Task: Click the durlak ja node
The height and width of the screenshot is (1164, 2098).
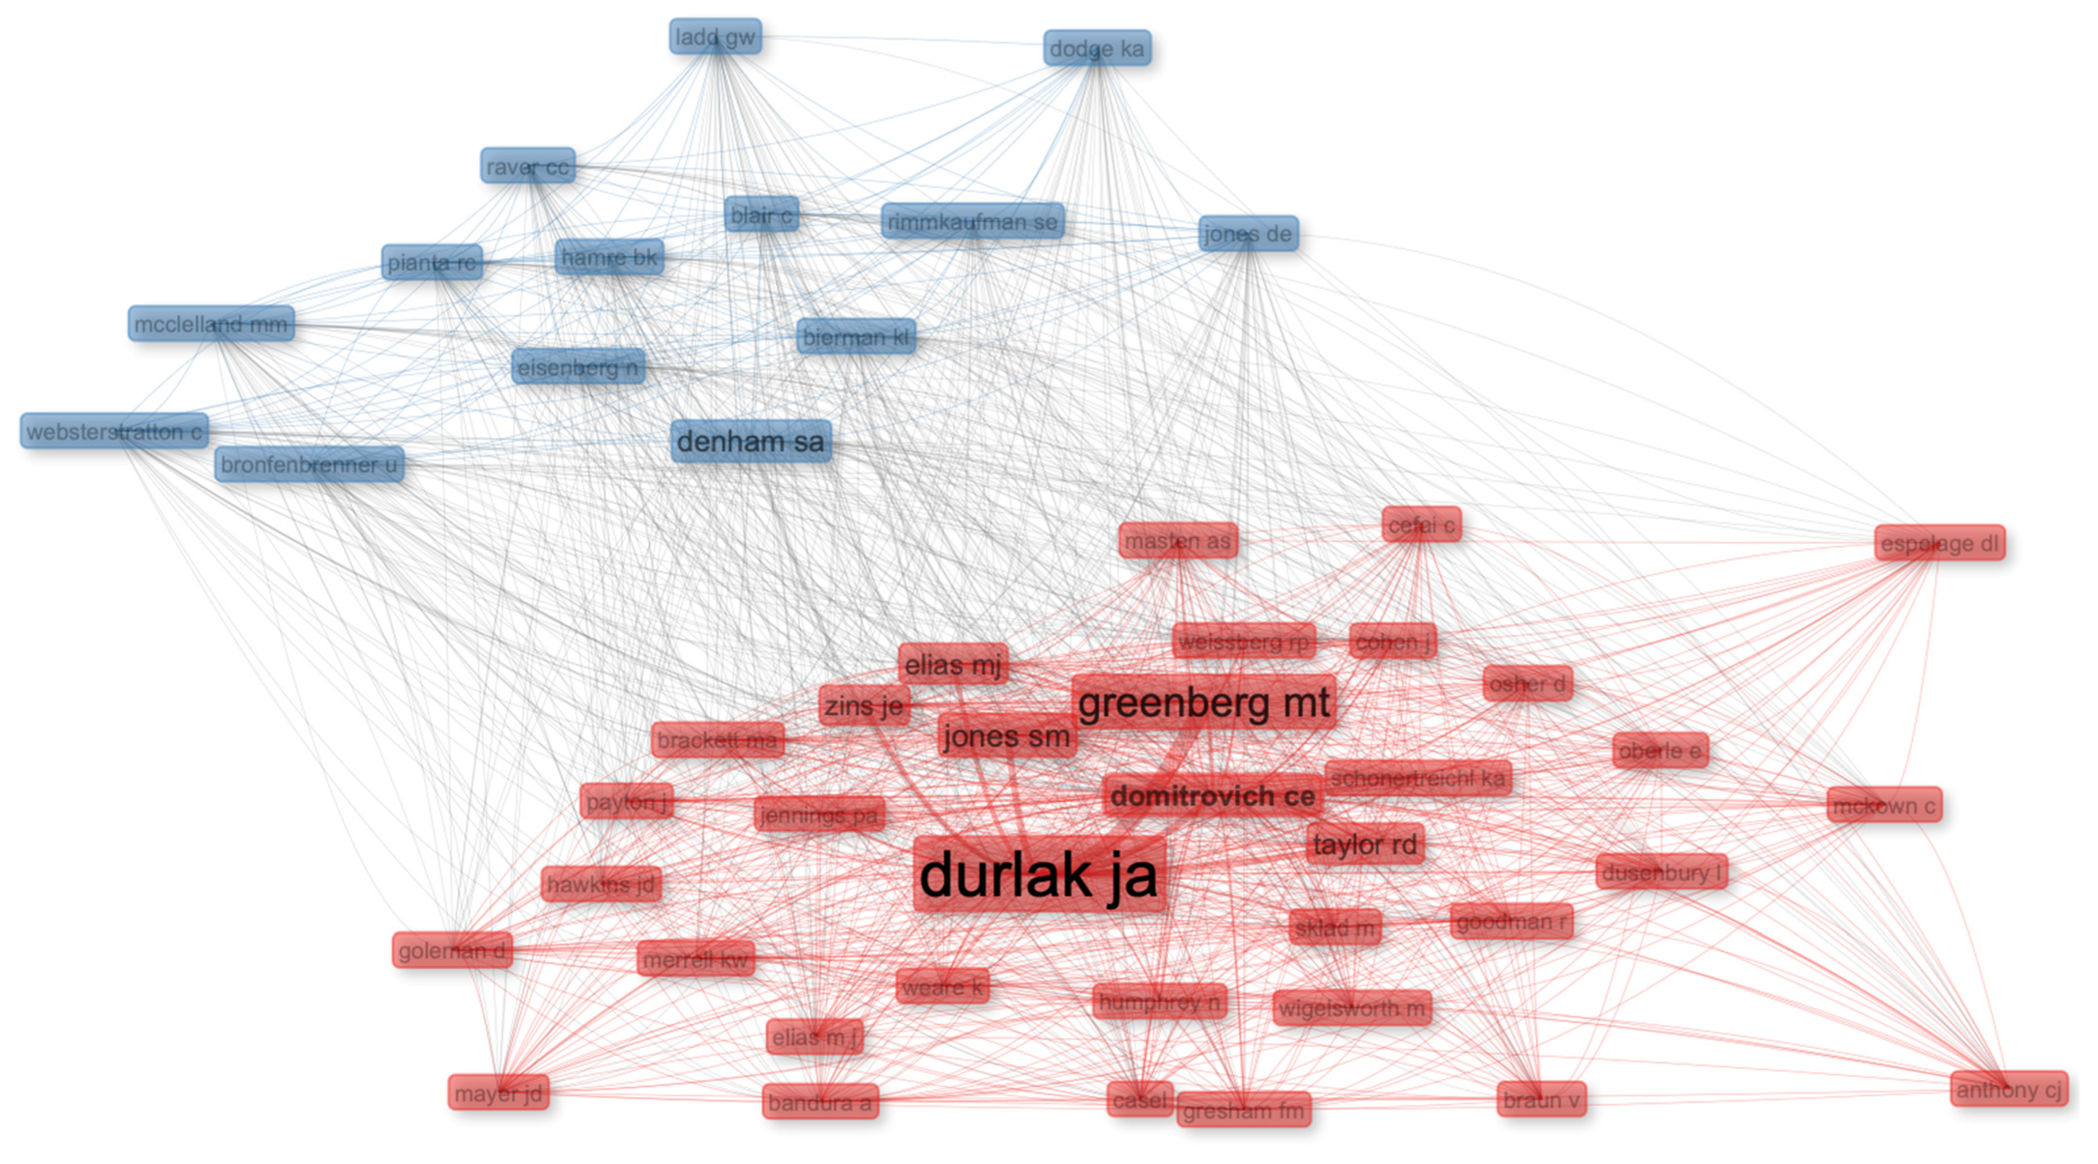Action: coord(1038,875)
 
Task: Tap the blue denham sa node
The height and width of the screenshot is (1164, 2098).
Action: coord(751,442)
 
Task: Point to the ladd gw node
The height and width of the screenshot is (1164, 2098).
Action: coord(715,37)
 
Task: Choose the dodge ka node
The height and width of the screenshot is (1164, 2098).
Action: coord(1096,49)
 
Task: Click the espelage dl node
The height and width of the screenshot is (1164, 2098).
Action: coord(1939,543)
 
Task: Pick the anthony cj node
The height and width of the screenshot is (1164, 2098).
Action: coord(2009,1089)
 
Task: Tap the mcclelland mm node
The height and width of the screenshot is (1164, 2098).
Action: coord(211,324)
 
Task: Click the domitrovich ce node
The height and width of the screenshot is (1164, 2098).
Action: coord(1212,796)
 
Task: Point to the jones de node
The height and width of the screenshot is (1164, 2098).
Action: coord(1247,234)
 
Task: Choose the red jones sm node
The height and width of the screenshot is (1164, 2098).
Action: coord(1006,736)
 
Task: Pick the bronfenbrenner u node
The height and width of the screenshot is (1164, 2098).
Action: coord(309,465)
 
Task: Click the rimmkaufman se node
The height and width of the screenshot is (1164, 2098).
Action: coord(973,222)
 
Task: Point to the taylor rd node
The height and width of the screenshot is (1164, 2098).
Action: coord(1365,844)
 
